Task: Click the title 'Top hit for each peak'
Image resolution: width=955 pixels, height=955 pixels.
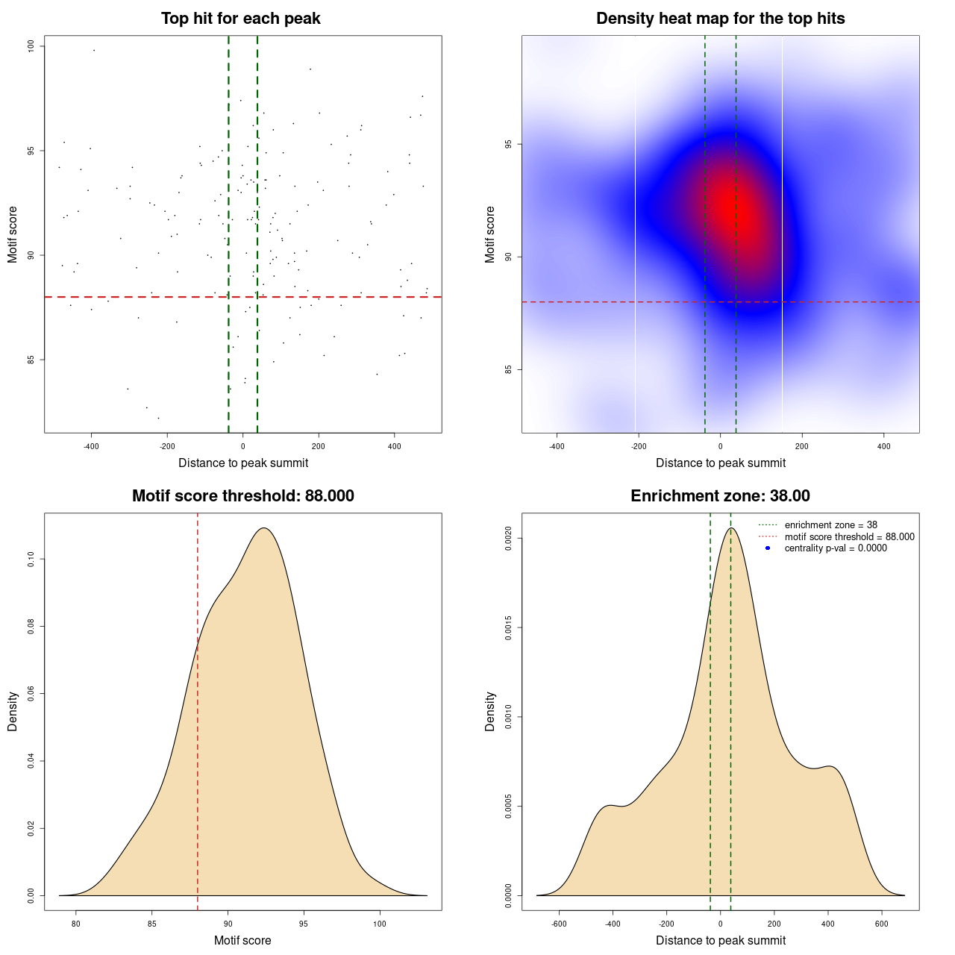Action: coord(240,19)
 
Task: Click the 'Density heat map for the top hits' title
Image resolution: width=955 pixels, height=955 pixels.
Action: coord(720,19)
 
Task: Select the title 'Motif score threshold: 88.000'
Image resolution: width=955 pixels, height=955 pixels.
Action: coord(242,496)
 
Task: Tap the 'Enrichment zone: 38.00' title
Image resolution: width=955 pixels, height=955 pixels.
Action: coord(720,496)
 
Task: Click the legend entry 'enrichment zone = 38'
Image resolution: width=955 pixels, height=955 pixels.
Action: coord(830,525)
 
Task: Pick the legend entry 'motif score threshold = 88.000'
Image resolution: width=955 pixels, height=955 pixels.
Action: coord(849,536)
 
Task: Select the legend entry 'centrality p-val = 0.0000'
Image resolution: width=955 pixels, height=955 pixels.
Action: coord(836,548)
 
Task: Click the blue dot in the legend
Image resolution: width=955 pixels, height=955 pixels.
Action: coord(768,548)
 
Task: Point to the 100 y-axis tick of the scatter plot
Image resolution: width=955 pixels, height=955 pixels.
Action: coord(31,46)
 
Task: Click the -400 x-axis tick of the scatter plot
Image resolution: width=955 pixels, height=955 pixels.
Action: coord(91,446)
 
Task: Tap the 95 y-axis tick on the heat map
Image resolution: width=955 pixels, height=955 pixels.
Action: coord(509,144)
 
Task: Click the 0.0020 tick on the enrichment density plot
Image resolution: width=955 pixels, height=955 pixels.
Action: coord(509,538)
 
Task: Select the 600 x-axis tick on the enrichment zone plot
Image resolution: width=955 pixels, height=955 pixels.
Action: coord(882,924)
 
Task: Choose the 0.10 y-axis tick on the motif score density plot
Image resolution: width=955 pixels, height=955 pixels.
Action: coord(31,559)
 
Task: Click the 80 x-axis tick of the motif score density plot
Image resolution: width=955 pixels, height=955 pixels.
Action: coord(75,924)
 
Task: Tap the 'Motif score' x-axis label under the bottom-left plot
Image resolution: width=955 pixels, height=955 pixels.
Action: coord(242,940)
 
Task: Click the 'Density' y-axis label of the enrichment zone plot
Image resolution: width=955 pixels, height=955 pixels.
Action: coord(490,711)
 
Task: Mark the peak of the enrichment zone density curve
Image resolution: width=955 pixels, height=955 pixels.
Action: coord(731,528)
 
